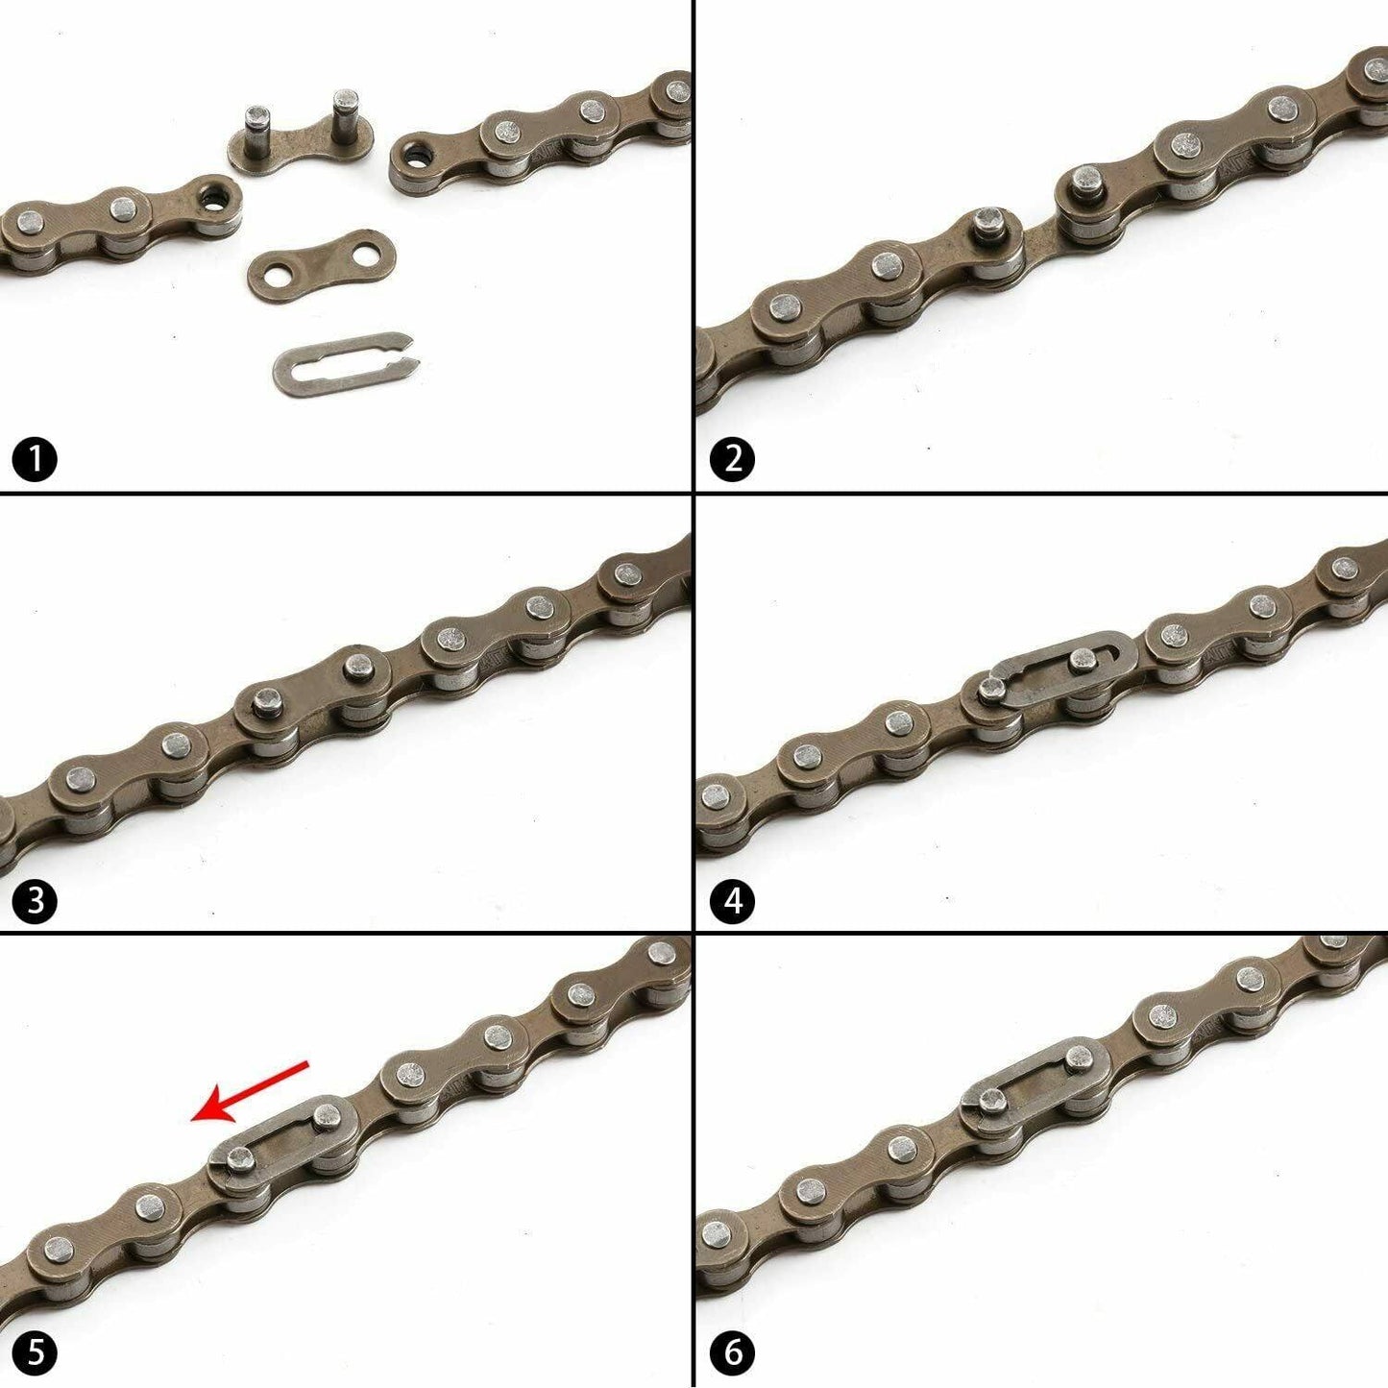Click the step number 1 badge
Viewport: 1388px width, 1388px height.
point(35,461)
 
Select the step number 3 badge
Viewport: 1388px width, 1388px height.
point(35,901)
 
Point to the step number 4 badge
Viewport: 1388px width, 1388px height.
point(732,901)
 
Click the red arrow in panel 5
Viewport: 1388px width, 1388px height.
point(250,1101)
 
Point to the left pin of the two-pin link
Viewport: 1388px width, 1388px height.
point(257,131)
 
